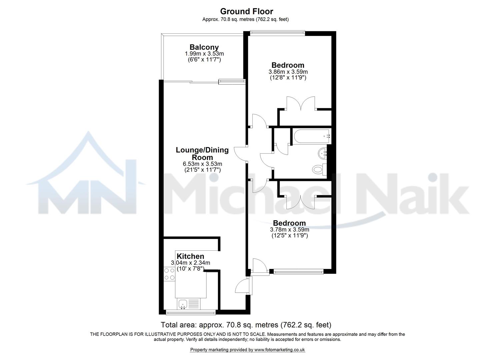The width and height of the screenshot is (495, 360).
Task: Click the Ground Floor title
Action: tap(247, 11)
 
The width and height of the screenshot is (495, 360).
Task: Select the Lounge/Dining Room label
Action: tap(202, 154)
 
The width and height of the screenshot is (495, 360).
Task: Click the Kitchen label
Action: tap(190, 256)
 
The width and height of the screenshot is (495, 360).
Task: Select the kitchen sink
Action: tap(182, 304)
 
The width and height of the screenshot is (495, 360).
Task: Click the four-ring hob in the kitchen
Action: tap(169, 274)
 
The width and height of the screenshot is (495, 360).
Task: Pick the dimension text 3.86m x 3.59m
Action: tap(288, 72)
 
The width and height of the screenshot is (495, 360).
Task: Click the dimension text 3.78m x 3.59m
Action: tap(289, 230)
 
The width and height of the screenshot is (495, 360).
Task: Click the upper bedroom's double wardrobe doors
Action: tap(301, 103)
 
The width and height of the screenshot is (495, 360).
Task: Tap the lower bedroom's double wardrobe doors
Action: tap(301, 202)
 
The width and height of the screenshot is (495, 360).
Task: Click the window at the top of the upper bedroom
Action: tap(277, 33)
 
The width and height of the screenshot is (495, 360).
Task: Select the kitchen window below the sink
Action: tap(191, 312)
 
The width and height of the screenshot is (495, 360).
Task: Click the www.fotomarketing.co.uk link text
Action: tap(280, 350)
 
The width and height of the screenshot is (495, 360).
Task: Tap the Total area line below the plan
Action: tap(246, 325)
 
